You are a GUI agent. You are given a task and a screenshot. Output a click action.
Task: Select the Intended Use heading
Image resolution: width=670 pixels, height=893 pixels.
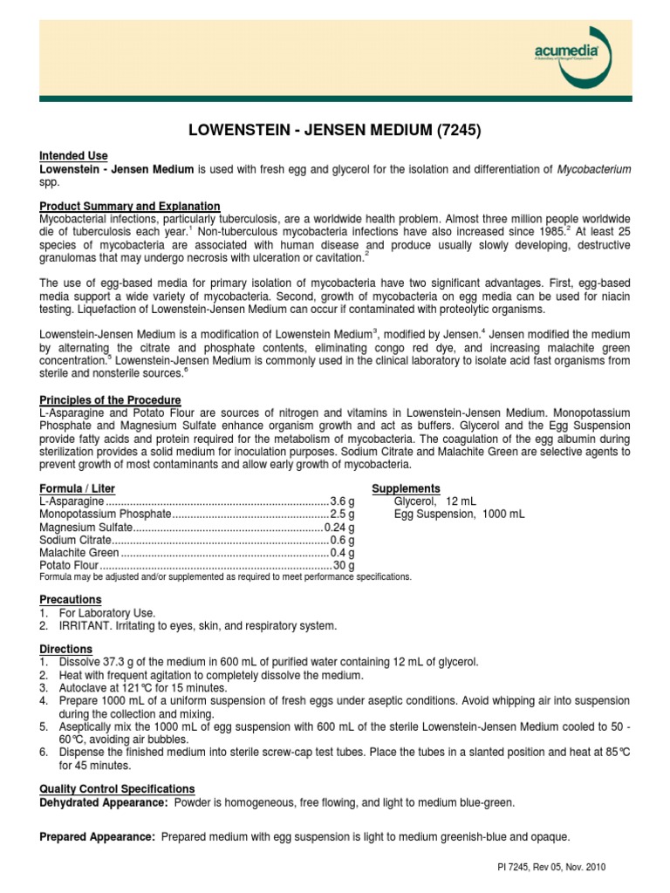click(74, 155)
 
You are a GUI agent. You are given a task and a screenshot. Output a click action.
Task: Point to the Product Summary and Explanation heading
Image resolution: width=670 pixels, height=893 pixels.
click(130, 205)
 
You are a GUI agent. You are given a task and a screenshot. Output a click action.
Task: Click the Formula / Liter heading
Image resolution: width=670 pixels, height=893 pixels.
click(78, 488)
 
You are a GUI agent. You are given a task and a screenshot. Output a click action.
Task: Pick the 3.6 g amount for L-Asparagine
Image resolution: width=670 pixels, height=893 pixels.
click(342, 501)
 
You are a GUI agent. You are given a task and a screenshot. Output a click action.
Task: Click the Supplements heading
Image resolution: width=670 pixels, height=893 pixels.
click(406, 488)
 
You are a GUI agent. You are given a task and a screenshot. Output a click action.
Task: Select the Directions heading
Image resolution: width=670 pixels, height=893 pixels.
click(66, 649)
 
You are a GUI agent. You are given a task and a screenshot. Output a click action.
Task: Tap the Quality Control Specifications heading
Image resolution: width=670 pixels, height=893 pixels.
click(118, 788)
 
